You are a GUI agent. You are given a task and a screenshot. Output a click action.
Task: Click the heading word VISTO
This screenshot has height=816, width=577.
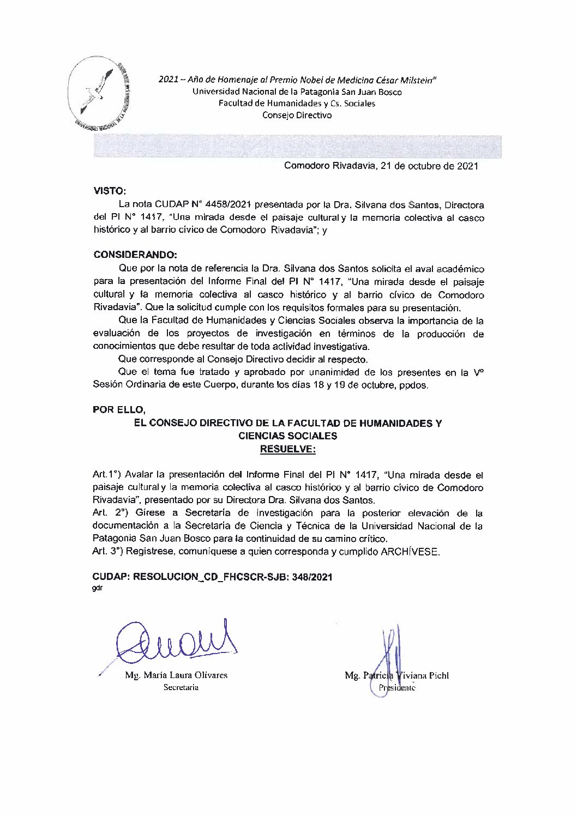coord(110,191)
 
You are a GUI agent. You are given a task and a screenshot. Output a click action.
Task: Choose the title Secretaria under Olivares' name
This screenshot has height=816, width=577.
coord(181,687)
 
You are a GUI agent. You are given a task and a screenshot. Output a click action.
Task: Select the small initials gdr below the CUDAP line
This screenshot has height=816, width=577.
coord(98,588)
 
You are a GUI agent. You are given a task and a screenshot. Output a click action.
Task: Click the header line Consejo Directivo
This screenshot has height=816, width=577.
coord(297,116)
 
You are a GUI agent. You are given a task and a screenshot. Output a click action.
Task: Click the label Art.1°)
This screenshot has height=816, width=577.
coord(108,475)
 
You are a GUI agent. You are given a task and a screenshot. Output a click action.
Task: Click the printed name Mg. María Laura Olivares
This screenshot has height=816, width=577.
coord(176,675)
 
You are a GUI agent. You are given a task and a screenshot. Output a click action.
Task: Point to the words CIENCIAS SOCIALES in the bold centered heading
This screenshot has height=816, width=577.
coord(288,436)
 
